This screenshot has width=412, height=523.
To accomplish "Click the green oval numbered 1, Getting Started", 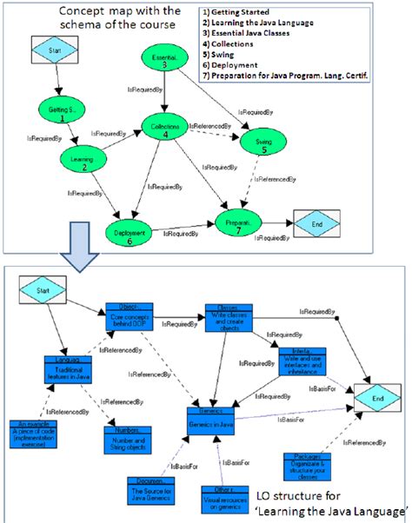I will click(x=58, y=109).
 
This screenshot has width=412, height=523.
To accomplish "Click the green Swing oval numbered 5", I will click(x=251, y=142).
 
